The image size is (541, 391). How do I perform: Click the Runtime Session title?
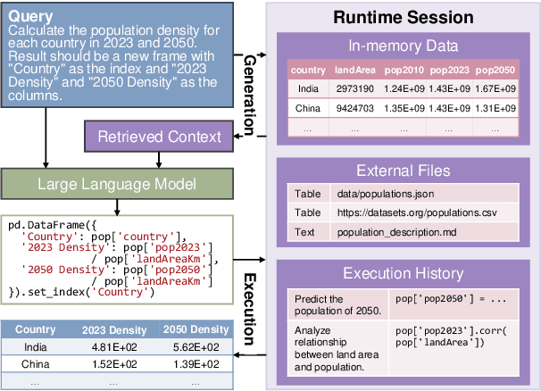tap(404, 17)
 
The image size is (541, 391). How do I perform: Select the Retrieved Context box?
tap(159, 137)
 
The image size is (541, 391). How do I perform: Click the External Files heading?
tap(404, 170)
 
